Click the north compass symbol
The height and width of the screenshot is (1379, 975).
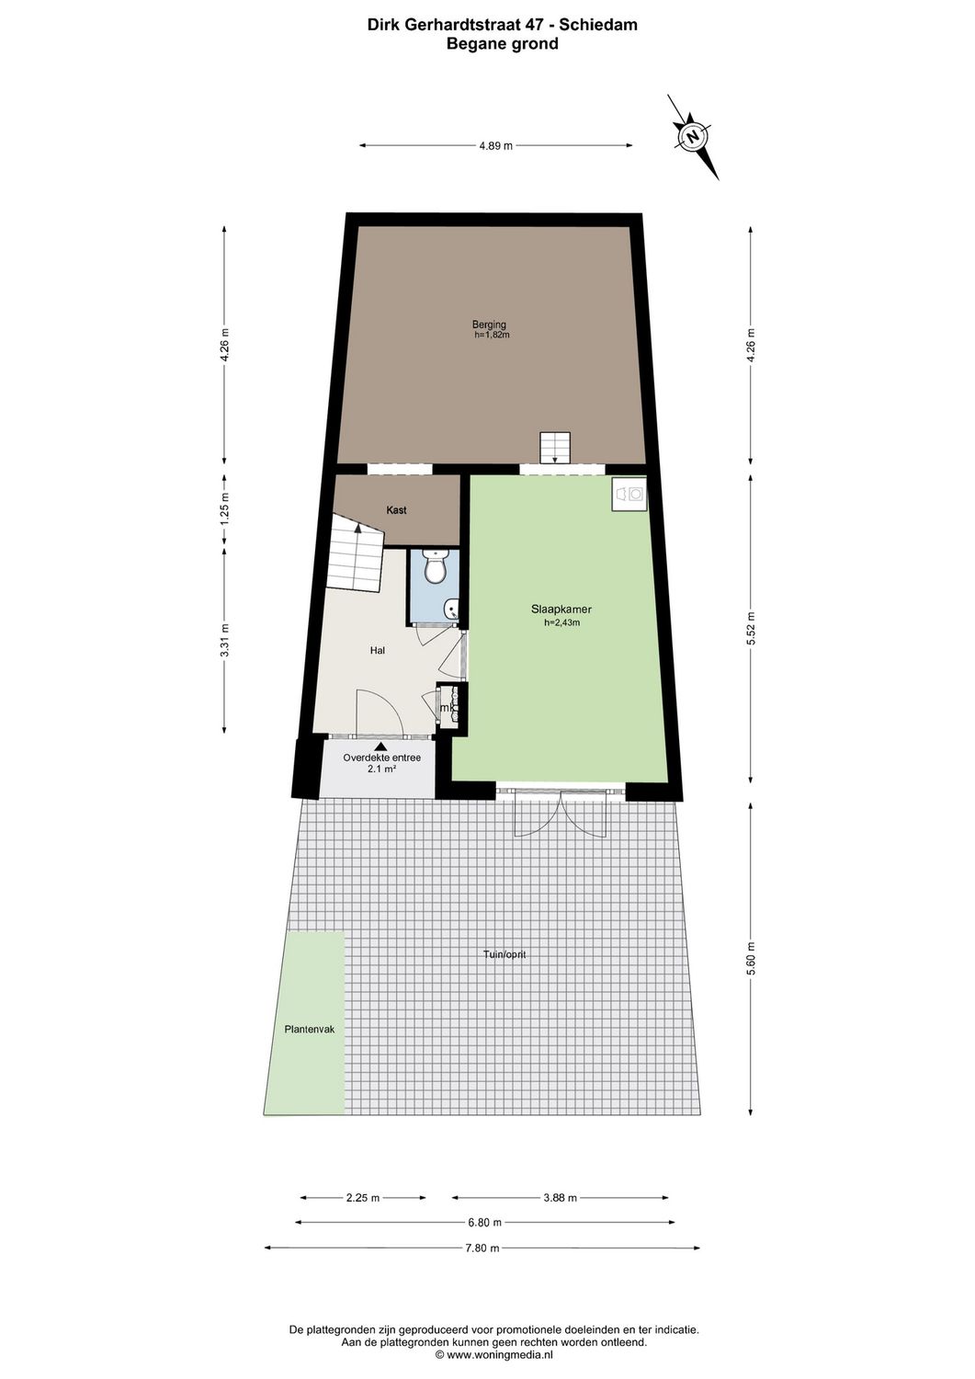click(x=693, y=136)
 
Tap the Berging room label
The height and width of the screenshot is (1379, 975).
click(x=489, y=325)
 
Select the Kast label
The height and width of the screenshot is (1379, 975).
click(x=396, y=510)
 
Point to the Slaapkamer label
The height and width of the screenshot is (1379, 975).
click(x=561, y=610)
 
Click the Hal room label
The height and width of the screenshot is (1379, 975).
click(x=377, y=650)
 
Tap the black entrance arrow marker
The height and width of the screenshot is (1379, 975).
click(x=381, y=746)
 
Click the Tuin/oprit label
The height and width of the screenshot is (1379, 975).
click(x=505, y=954)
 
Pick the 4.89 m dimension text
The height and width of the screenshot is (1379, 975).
click(x=495, y=145)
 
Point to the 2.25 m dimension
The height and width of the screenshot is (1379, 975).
click(x=363, y=1198)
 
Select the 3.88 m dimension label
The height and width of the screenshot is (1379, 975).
click(x=561, y=1198)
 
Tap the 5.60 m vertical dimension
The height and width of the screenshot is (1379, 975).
click(x=751, y=960)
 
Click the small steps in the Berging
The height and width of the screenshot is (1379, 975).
click(x=555, y=448)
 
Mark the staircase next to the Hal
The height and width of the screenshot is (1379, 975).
click(x=355, y=554)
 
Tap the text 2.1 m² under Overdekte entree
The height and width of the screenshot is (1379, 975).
click(x=381, y=769)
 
